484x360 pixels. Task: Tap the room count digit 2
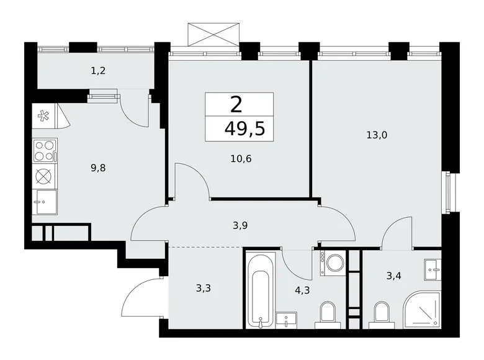[236, 104]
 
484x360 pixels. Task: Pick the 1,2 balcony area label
[97, 71]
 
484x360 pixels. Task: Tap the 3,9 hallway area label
[241, 226]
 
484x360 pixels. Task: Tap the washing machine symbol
[333, 263]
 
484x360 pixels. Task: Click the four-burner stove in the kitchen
[45, 150]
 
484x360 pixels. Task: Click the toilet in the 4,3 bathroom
[327, 313]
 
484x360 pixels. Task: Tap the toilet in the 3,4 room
[381, 313]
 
